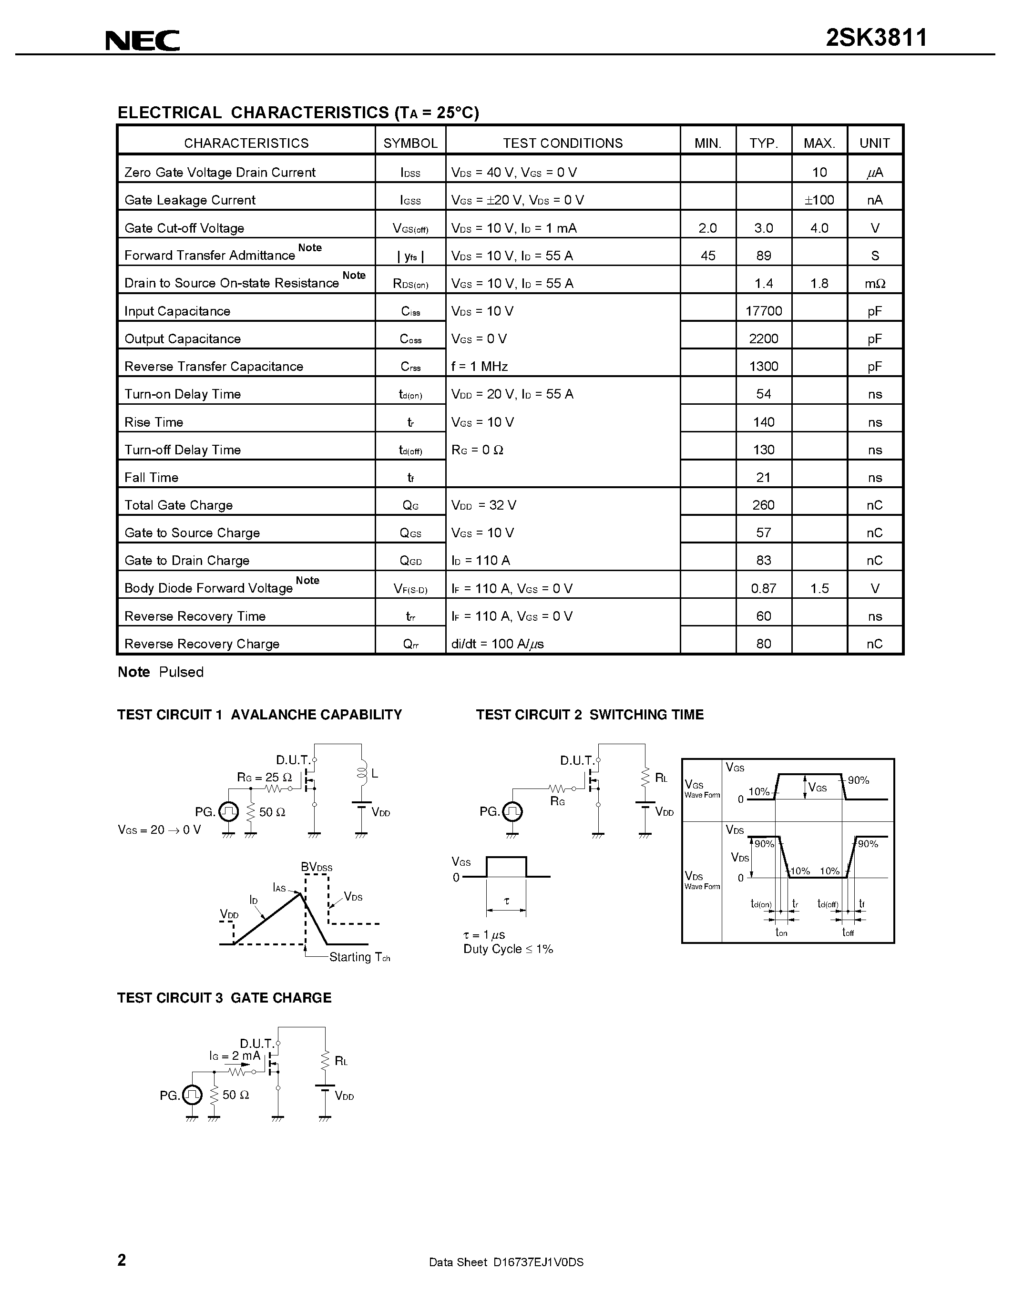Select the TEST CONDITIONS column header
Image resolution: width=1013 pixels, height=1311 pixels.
pyautogui.click(x=563, y=143)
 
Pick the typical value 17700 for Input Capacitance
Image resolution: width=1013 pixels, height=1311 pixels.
pyautogui.click(x=763, y=311)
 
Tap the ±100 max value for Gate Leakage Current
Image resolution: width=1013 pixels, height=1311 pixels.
pyautogui.click(x=819, y=200)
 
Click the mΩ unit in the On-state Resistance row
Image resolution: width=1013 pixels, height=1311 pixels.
pyautogui.click(x=874, y=283)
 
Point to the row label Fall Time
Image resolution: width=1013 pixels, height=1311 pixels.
pyautogui.click(x=151, y=477)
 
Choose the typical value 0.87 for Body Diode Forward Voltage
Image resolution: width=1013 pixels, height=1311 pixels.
pyautogui.click(x=763, y=588)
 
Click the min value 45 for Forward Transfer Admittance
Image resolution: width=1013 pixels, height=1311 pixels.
pyautogui.click(x=707, y=256)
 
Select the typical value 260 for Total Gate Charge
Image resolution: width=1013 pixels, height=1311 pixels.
pyautogui.click(x=763, y=505)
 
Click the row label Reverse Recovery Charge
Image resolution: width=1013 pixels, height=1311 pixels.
pyautogui.click(x=202, y=644)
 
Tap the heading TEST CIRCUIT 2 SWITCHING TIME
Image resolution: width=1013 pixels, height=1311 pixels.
pyautogui.click(x=589, y=714)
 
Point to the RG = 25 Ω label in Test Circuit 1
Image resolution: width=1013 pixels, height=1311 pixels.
pyautogui.click(x=264, y=778)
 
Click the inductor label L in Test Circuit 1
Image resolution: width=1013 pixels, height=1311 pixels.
pyautogui.click(x=375, y=774)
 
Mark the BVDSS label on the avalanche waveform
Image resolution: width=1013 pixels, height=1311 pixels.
pyautogui.click(x=316, y=867)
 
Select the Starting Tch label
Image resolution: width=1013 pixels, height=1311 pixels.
pyautogui.click(x=359, y=957)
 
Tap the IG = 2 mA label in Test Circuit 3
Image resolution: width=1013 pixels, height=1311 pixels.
pyautogui.click(x=235, y=1055)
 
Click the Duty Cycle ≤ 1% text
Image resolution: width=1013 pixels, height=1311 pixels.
pyautogui.click(x=508, y=949)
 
